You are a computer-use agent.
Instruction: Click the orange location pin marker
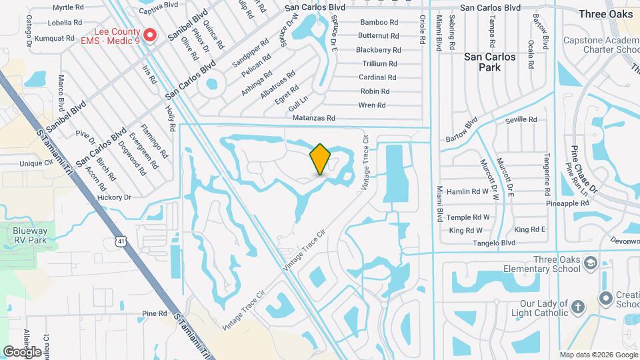320,159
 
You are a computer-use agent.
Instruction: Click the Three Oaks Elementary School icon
589,263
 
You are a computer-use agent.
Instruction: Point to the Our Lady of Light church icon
577,307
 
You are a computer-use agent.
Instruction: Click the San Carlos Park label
490,62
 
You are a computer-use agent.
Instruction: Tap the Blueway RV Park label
30,234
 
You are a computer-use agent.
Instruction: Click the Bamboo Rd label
378,22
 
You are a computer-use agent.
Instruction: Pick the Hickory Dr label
114,197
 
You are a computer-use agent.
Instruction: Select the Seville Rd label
521,120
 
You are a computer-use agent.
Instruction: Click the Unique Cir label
36,163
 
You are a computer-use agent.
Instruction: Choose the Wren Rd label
372,105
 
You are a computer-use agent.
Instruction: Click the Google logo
22,352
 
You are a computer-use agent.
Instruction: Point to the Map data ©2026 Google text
598,355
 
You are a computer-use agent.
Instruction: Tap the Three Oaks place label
605,14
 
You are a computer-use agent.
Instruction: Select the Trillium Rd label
379,63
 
